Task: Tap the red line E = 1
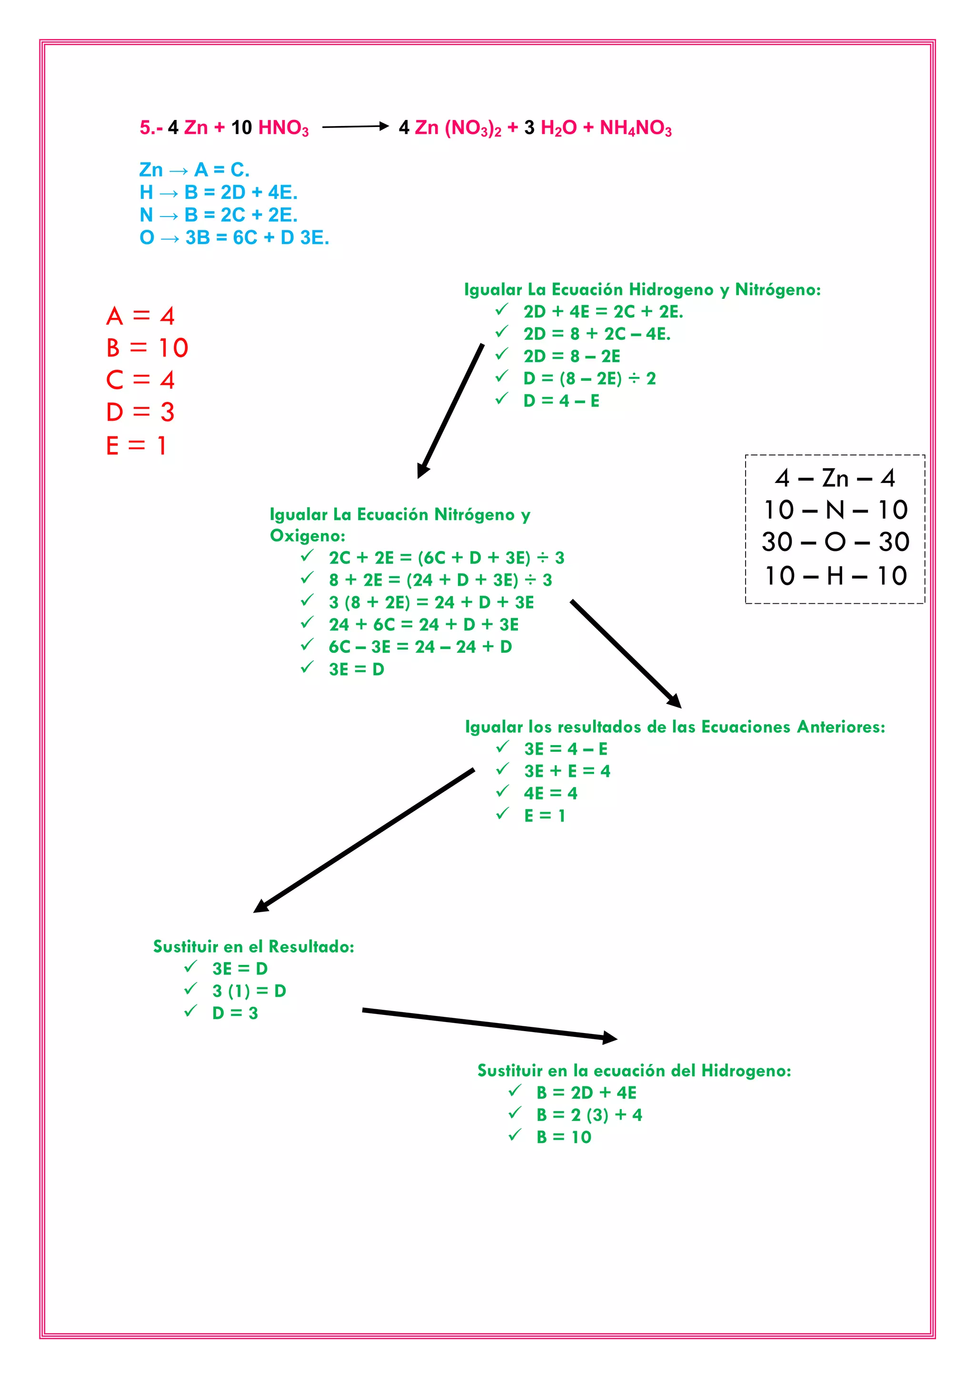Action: pos(136,445)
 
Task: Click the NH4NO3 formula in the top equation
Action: pos(635,128)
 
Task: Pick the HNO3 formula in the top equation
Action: pos(283,128)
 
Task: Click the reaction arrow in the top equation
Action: pos(356,127)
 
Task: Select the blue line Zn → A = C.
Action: pos(194,170)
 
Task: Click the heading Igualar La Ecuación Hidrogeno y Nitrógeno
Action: pos(642,290)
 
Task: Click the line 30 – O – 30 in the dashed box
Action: pos(835,542)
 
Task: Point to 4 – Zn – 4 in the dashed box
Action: pos(835,478)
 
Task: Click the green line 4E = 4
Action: pos(550,793)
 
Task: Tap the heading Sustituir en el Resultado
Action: pos(253,946)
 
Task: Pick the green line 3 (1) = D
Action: pos(249,990)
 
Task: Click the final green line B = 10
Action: pos(564,1137)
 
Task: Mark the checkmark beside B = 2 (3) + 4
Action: pos(515,1113)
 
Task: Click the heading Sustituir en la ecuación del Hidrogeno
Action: pos(634,1070)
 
